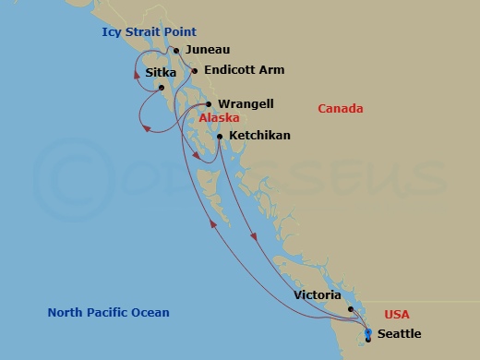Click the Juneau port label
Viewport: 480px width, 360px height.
[x=208, y=49]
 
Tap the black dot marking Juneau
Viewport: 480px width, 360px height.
[x=176, y=49]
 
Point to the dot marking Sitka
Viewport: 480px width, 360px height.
[x=162, y=88]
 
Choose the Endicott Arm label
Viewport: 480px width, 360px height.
[x=245, y=69]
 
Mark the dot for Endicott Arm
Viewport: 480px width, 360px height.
[x=195, y=70]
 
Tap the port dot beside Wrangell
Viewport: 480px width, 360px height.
[x=209, y=104]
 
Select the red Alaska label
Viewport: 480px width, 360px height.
[x=220, y=118]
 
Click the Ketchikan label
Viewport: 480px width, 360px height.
[x=259, y=136]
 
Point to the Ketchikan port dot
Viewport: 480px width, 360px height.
[x=219, y=137]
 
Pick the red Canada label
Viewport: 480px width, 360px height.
[x=340, y=109]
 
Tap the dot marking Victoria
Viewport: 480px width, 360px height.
[x=351, y=309]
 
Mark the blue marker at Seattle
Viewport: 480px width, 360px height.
[x=368, y=333]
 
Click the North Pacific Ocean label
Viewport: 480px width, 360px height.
[x=109, y=312]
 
